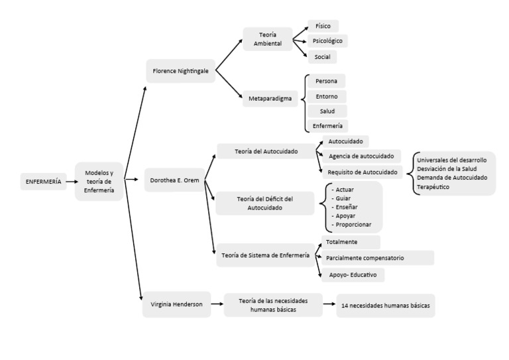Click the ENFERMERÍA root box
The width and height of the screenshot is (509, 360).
[42, 181]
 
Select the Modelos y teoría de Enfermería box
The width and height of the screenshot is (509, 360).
[99, 180]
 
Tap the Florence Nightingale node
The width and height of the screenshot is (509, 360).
[180, 70]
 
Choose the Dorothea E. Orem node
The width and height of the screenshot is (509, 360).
[174, 179]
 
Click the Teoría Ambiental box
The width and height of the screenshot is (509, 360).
[268, 39]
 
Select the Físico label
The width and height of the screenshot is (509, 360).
[323, 26]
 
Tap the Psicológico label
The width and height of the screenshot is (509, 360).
[327, 41]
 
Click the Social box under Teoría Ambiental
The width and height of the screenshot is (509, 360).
[323, 57]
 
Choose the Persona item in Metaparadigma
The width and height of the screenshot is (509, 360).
[326, 81]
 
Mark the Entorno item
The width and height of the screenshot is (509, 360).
[327, 96]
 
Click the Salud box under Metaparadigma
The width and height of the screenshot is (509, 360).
[327, 111]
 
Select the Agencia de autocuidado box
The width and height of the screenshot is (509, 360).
[361, 156]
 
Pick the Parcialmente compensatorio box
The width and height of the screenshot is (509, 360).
[375, 257]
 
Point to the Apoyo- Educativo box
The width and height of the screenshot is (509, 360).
[352, 274]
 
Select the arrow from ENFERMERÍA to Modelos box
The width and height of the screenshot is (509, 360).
[71, 181]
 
